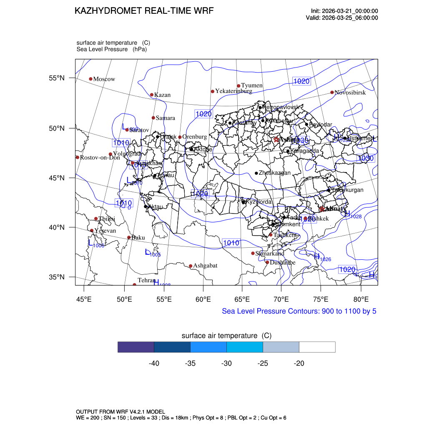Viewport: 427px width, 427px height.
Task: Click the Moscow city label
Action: coord(104,79)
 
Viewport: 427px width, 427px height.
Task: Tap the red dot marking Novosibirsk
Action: coord(332,92)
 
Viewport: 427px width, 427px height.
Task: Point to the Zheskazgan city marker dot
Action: coord(256,173)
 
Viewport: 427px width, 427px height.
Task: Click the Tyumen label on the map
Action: coord(252,85)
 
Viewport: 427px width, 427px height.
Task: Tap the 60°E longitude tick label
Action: coord(203,299)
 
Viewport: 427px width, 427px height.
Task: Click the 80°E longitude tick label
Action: coord(361,299)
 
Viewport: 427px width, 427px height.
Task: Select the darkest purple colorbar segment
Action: coord(136,347)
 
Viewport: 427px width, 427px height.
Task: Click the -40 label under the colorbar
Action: coord(154,364)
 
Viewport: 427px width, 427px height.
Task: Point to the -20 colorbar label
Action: coord(299,364)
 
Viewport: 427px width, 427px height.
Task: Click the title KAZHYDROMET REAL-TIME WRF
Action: coord(144,11)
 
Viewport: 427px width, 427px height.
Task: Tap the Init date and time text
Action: coord(344,11)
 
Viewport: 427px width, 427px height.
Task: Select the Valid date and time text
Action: coord(342,18)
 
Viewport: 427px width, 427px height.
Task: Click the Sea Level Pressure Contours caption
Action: coord(299,311)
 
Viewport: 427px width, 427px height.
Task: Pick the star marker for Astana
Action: coord(276,139)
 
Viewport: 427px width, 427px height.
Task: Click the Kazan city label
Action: coord(162,95)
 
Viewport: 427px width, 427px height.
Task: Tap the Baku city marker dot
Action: coord(129,237)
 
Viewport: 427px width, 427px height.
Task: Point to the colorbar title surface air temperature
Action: coord(226,336)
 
